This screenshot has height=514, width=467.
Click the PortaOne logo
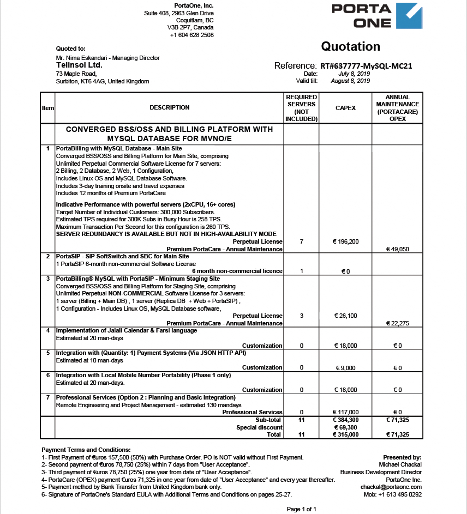[376, 16]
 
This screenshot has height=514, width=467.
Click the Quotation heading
[350, 46]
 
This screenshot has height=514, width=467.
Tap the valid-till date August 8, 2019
[350, 81]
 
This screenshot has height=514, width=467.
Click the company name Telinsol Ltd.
[79, 65]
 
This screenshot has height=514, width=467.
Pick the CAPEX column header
[345, 108]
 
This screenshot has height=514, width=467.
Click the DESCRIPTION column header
[170, 108]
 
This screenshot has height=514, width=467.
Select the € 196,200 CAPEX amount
[345, 241]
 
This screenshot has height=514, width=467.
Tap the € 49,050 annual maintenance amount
[398, 249]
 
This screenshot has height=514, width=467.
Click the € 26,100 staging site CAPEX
[345, 316]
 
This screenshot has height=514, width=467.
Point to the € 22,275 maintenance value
[398, 323]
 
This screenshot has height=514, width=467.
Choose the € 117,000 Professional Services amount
[345, 412]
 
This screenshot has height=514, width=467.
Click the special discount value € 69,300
[345, 427]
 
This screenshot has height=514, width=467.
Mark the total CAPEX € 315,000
[345, 435]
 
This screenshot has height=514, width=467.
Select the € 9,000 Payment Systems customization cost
[345, 368]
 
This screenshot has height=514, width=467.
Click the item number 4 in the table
[48, 330]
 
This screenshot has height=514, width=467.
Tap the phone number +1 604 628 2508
[191, 35]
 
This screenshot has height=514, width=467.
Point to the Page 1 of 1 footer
[302, 509]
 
